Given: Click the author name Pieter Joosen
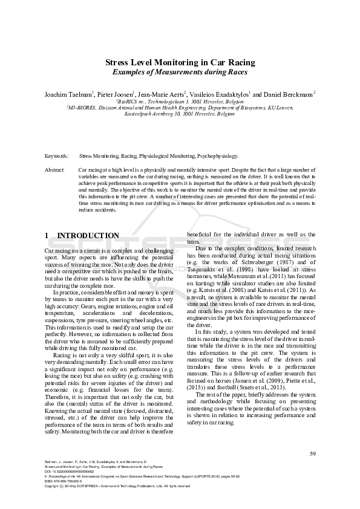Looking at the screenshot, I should (x=115, y=94).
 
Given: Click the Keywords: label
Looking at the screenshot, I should (x=56, y=156).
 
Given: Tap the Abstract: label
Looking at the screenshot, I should (x=55, y=170).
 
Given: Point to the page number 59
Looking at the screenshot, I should (x=312, y=453).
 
